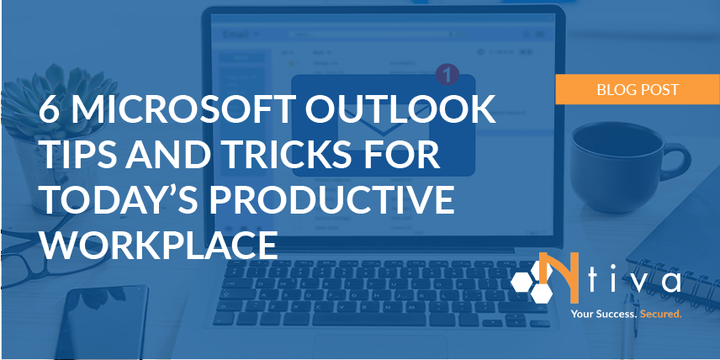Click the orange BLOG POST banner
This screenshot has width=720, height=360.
coord(637,88)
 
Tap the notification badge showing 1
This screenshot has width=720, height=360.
coord(447,75)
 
